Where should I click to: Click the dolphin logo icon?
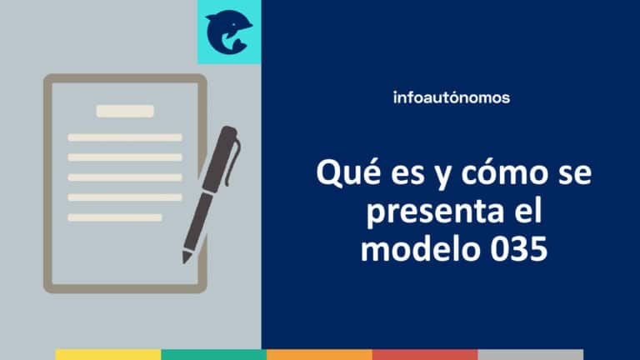click(228, 32)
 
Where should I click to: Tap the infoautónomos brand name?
click(451, 97)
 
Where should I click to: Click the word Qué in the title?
click(342, 175)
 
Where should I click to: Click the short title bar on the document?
click(125, 111)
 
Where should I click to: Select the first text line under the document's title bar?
click(125, 137)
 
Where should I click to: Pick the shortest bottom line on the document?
click(114, 217)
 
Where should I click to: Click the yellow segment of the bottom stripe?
click(108, 354)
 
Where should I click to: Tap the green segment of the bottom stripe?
click(213, 354)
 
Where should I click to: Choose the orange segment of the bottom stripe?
click(319, 354)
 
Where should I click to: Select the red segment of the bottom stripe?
click(425, 354)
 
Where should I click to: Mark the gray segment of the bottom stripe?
click(531, 354)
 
